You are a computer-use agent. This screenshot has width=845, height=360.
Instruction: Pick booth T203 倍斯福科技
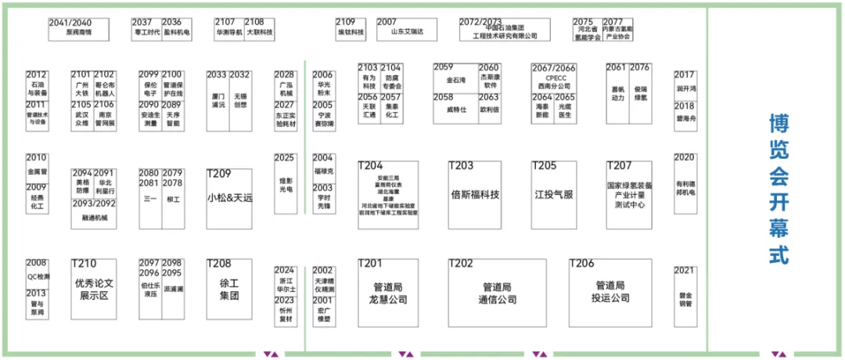click(475, 194)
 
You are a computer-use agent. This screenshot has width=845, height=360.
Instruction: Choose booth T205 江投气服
click(554, 194)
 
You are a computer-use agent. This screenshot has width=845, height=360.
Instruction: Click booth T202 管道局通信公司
click(497, 291)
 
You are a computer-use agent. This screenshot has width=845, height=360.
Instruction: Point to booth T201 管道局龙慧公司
click(389, 291)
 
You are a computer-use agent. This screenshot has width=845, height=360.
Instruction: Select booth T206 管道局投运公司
click(611, 291)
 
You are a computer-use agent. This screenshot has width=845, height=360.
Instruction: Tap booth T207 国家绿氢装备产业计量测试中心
click(628, 194)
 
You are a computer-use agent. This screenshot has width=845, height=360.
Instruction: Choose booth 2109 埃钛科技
click(351, 29)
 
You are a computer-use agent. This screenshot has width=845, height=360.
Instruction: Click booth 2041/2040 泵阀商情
click(70, 28)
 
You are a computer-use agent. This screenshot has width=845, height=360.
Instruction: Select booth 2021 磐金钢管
click(685, 291)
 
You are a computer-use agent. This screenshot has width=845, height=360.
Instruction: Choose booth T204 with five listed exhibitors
click(389, 194)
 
